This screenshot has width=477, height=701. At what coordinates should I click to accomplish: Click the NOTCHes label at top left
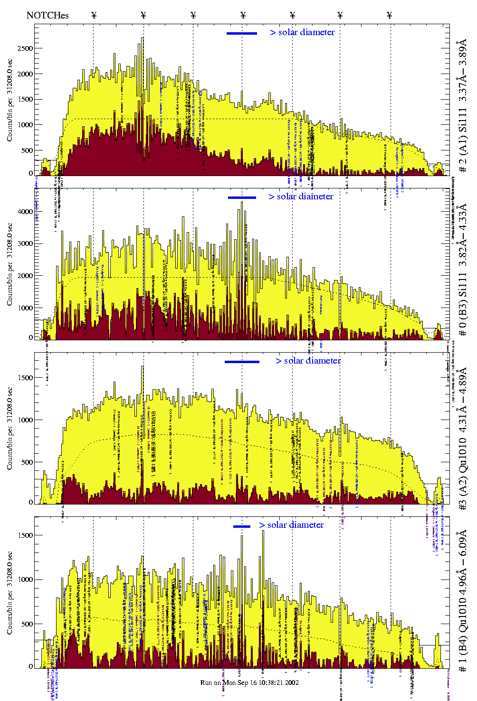click(x=48, y=15)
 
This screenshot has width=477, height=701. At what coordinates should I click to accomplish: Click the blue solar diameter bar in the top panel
click(x=242, y=33)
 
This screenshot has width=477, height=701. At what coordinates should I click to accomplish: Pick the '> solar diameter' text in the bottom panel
click(x=291, y=525)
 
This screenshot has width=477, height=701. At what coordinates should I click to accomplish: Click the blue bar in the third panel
click(x=242, y=362)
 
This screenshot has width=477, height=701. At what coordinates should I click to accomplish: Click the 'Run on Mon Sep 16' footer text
click(x=249, y=682)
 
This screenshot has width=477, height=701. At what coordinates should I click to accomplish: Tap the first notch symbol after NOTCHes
click(x=94, y=15)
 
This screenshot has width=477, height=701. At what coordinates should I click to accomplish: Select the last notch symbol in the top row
click(x=390, y=15)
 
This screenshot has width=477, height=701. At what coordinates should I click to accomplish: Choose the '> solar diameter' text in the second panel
click(x=301, y=196)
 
